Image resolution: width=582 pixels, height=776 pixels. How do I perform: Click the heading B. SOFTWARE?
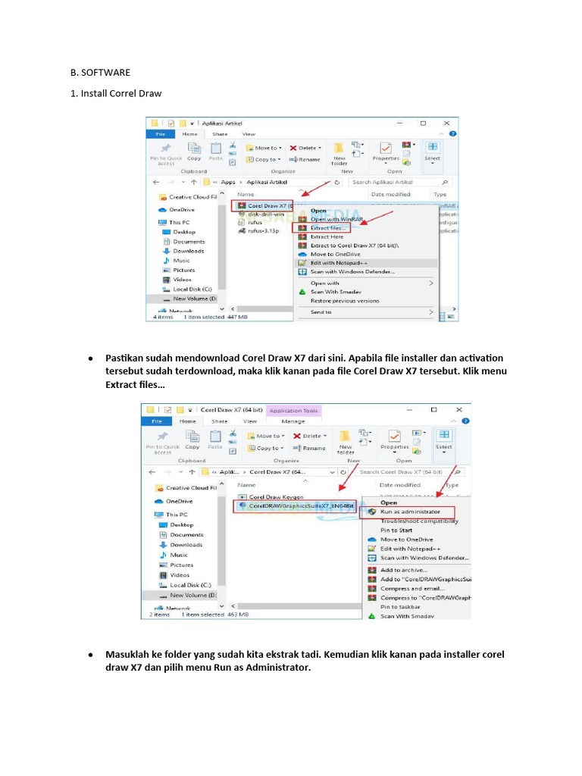coord(100,73)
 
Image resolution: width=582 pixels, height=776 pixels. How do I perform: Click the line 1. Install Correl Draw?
coord(116,93)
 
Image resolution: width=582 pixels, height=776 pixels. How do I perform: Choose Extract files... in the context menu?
coord(328,227)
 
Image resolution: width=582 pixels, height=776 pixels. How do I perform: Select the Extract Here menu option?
coord(327,236)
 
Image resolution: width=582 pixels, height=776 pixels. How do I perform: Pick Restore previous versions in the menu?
coord(344,301)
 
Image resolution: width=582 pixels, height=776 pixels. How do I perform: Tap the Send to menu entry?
coord(321,311)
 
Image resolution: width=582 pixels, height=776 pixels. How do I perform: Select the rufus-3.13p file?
coord(264,230)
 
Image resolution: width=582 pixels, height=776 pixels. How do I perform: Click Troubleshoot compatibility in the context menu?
coord(418,521)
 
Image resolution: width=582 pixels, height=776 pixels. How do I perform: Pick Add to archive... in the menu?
coord(404,570)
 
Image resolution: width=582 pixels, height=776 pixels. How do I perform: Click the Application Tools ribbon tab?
coord(294,411)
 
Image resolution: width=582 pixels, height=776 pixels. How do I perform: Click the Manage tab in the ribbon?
coord(293,421)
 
